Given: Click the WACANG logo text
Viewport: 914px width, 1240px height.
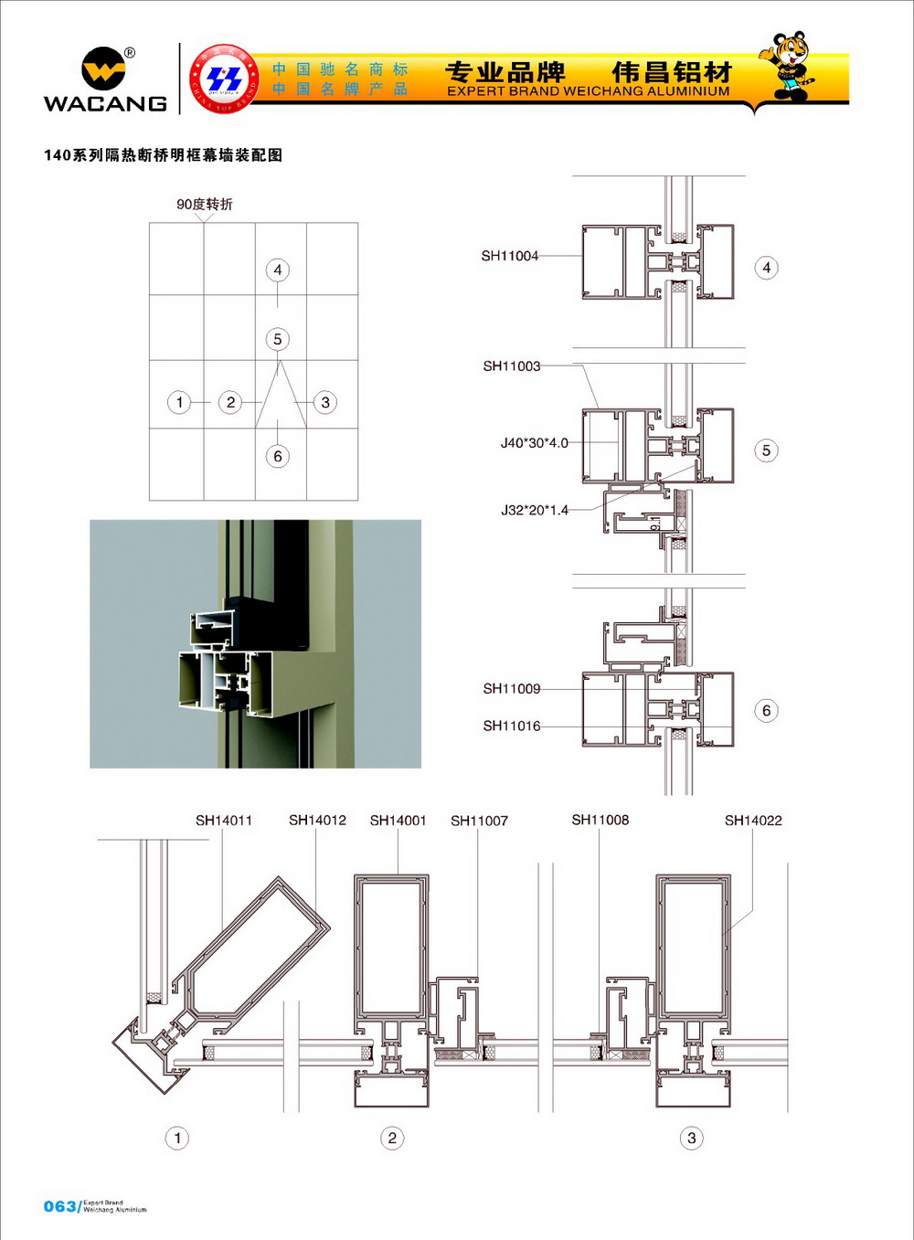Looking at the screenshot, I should (x=105, y=103).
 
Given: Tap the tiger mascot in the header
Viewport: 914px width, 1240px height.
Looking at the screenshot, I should (x=787, y=66).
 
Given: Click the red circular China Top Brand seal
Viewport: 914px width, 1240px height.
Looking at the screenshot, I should (x=223, y=79).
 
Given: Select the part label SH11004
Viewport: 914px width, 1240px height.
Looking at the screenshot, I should (x=510, y=256).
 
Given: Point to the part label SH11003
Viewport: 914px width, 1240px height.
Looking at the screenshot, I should (x=512, y=366).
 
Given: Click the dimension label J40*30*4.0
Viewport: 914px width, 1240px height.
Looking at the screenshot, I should (x=534, y=443).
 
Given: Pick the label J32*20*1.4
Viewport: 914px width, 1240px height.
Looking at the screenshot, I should (x=534, y=510).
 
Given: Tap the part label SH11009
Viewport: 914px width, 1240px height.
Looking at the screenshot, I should (x=512, y=689).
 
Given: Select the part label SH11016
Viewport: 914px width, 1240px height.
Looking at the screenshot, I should (x=512, y=726).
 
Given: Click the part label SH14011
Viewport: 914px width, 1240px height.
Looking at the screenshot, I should (x=224, y=821).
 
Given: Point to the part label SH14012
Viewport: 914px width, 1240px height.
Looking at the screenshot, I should (x=317, y=821).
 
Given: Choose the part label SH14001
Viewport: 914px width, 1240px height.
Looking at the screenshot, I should (x=398, y=821).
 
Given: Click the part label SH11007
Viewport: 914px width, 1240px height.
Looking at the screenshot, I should (x=479, y=821).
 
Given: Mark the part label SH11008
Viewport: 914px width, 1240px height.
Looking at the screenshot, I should (x=600, y=821).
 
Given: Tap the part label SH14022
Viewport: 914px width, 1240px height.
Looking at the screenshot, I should (x=753, y=821).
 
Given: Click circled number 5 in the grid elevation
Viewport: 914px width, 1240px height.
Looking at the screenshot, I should (x=278, y=339).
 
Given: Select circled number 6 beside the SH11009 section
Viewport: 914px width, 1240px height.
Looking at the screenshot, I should (x=766, y=711).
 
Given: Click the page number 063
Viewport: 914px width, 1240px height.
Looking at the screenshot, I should (x=59, y=1206).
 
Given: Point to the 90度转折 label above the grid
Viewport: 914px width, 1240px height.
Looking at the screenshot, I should (x=205, y=205).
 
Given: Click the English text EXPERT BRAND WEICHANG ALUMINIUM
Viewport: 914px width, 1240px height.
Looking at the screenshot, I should (x=589, y=91).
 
